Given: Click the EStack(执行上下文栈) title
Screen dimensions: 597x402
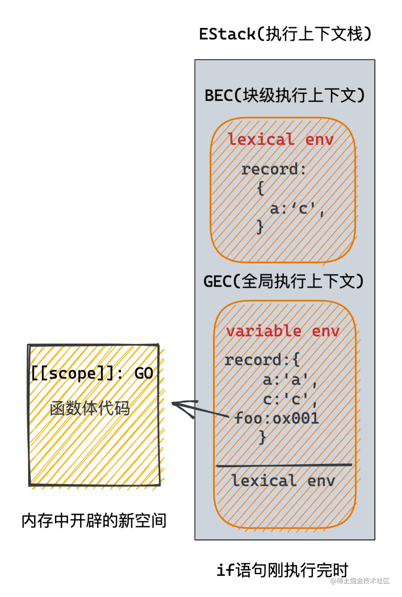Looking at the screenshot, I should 285,34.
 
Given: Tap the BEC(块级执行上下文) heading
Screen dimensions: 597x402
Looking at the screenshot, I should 285,95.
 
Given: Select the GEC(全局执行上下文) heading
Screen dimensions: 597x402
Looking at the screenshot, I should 283,281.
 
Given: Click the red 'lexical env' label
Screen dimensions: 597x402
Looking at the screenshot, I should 280,140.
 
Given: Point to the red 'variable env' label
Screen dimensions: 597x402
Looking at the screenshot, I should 283,331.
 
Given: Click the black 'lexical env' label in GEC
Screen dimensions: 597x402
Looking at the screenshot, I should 283,481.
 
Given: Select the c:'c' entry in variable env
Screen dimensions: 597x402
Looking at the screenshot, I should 290,399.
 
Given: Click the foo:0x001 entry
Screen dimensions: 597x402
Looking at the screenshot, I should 276,419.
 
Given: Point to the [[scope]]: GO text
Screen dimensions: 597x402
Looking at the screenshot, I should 92,373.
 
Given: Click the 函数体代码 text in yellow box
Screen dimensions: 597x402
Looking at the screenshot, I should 90,409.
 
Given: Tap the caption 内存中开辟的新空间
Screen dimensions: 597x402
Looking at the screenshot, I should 94,521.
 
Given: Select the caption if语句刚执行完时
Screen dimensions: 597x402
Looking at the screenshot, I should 282,570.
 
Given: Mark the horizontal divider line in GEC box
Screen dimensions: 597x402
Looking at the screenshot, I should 284,465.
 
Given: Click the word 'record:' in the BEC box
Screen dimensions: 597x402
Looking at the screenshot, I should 273,169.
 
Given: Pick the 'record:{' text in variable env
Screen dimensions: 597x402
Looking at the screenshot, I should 262,360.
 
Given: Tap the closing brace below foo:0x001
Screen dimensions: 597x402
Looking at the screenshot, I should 262,438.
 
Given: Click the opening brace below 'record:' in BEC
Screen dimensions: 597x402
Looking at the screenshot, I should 260,188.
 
